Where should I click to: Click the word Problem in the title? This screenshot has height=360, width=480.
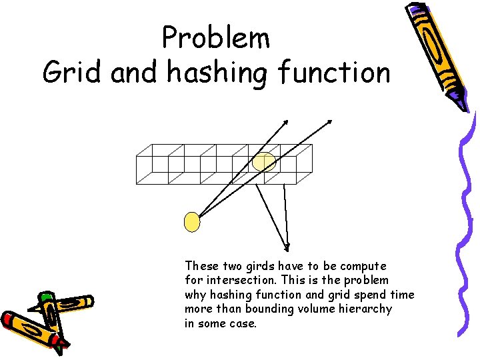216,38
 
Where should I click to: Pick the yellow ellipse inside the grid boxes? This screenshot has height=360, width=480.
264,162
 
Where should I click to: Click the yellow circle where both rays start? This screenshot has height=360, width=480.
192,222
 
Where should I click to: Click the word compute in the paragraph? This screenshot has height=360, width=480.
364,265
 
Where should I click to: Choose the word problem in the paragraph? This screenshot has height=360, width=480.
366,280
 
